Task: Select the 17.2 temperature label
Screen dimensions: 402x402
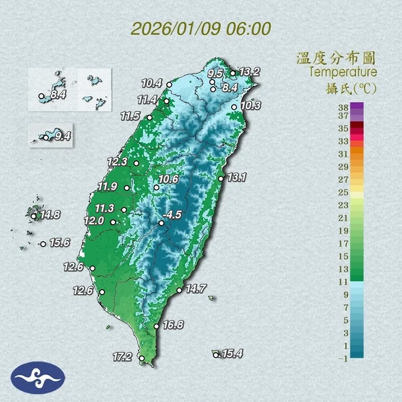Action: click(123, 356)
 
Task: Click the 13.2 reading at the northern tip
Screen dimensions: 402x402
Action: click(249, 71)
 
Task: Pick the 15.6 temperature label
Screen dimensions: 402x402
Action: click(59, 243)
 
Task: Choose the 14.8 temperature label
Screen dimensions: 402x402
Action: click(50, 215)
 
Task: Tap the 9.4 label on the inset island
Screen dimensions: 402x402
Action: click(63, 136)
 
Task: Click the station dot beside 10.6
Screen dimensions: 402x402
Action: click(157, 188)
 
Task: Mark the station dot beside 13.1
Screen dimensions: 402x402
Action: click(221, 178)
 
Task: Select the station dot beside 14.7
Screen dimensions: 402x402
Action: click(179, 291)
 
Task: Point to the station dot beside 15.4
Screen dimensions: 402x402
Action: click(216, 354)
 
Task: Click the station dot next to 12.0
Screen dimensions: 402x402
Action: click(113, 222)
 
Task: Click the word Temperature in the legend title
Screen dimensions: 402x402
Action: click(343, 72)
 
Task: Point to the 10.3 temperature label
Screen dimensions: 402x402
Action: click(250, 106)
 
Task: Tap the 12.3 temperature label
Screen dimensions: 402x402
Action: click(117, 161)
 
